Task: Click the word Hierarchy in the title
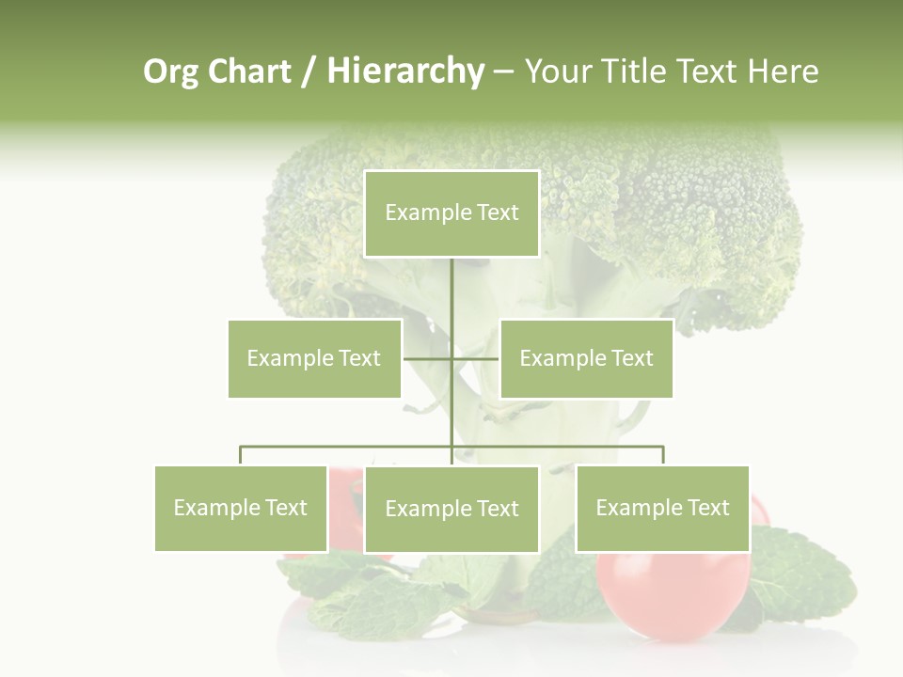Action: [x=405, y=71]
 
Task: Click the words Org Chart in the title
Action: [x=217, y=71]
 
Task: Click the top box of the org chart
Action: [x=451, y=213]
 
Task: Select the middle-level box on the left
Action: [x=314, y=358]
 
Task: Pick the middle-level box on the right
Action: [x=586, y=358]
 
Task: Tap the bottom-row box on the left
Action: [x=241, y=508]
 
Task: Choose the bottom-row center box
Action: [x=451, y=509]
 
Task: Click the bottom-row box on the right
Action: [x=662, y=508]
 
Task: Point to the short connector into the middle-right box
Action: [x=477, y=358]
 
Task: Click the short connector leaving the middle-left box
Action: [x=425, y=358]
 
